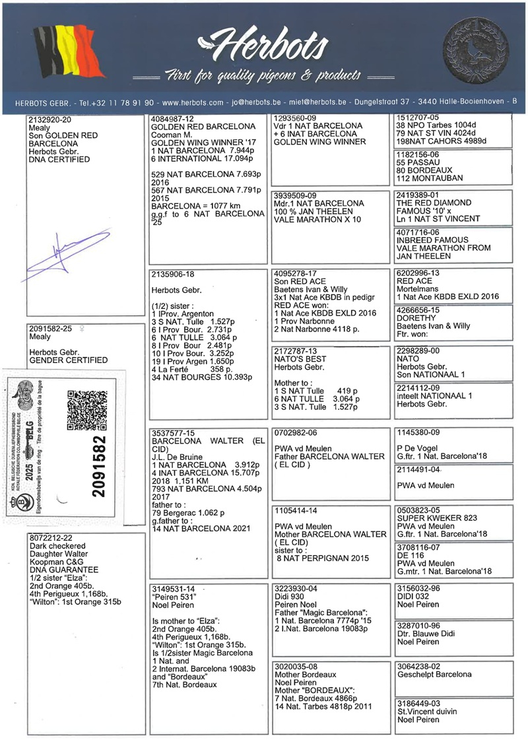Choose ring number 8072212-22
51,538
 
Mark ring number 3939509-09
295,195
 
